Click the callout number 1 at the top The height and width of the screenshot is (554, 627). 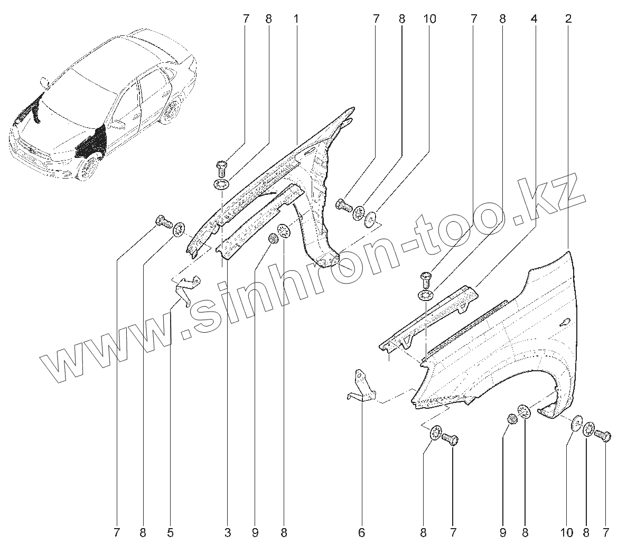296,19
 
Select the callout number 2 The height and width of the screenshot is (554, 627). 568,19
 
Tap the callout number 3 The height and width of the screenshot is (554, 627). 228,533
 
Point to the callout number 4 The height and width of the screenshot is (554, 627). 535,19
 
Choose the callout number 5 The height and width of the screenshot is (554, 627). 170,533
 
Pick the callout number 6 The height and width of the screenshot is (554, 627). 362,533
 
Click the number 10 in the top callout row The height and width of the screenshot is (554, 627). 429,19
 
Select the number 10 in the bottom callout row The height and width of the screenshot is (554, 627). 566,533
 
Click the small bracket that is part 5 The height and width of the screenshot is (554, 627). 186,288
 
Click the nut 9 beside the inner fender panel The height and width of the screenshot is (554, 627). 274,239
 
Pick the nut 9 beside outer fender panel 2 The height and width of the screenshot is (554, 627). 511,419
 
